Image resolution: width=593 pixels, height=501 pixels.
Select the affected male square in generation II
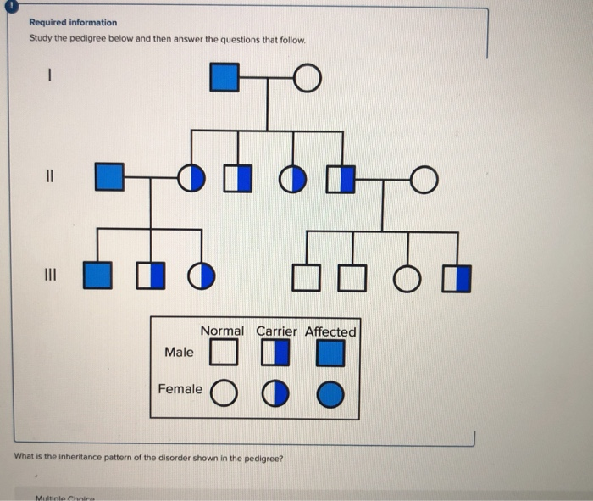(107, 178)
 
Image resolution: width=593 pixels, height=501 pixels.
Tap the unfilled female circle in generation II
(424, 178)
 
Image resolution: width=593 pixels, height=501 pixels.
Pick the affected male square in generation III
(97, 276)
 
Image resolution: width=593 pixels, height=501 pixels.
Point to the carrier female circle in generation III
(201, 276)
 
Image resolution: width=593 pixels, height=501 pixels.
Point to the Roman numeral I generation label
(50, 77)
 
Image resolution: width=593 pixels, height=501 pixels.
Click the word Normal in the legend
(222, 331)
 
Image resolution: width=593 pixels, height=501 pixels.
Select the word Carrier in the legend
(276, 331)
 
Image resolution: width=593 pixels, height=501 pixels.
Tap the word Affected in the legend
(330, 331)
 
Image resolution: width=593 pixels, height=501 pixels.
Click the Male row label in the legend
(179, 352)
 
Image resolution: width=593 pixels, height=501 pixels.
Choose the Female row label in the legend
(180, 389)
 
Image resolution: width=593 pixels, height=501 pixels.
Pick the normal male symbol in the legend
(223, 352)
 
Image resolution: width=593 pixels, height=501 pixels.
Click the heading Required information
(73, 23)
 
